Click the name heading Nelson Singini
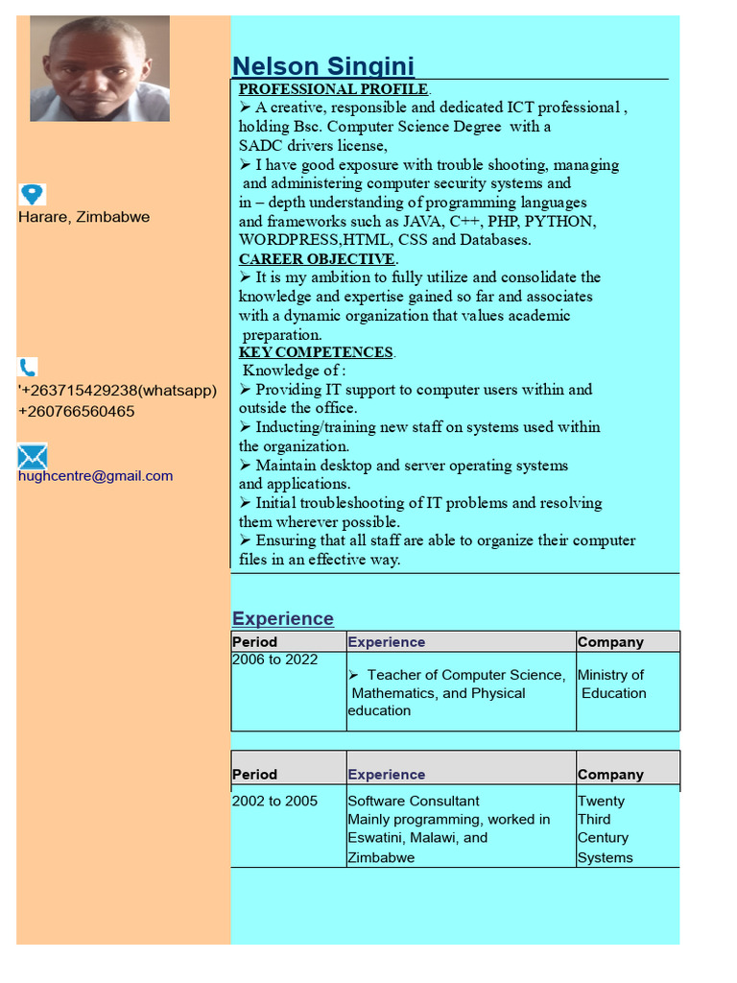(x=323, y=66)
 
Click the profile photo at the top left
(x=100, y=68)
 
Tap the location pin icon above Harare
(x=32, y=195)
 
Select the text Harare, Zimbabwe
(x=83, y=217)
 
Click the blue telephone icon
(x=28, y=367)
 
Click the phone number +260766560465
(x=76, y=412)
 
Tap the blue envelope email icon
(x=32, y=456)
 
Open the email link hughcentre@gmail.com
(x=95, y=476)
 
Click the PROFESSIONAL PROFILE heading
(x=333, y=89)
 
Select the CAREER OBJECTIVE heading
(x=317, y=259)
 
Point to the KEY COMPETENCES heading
(x=316, y=352)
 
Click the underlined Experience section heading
(x=283, y=618)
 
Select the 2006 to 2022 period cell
(x=274, y=659)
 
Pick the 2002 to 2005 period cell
(x=274, y=801)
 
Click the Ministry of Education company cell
(x=612, y=684)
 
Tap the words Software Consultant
(x=414, y=801)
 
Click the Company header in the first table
(x=610, y=642)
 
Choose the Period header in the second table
(x=254, y=775)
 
